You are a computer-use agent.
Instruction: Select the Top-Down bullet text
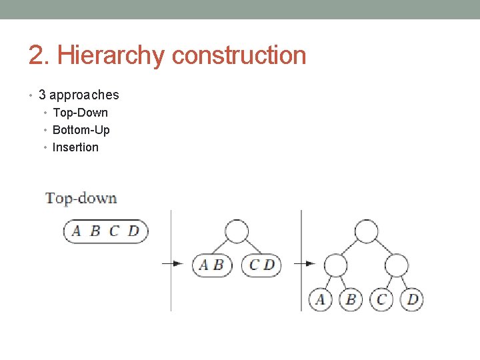(80, 113)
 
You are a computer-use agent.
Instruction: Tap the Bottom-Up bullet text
(81, 130)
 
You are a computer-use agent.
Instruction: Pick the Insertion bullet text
(75, 147)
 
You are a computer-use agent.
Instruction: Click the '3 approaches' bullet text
(79, 95)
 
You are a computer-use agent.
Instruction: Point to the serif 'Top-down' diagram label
(81, 198)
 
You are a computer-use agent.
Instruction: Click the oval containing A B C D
(106, 231)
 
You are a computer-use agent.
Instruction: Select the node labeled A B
(211, 265)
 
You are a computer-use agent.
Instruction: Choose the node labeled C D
(261, 265)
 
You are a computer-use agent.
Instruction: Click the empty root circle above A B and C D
(236, 231)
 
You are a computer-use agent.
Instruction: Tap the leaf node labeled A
(321, 299)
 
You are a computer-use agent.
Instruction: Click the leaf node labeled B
(351, 299)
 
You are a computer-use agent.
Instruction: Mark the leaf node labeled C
(381, 299)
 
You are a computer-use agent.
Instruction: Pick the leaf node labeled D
(412, 299)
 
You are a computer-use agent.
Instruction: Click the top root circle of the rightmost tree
(366, 231)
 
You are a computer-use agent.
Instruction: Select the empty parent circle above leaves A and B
(336, 265)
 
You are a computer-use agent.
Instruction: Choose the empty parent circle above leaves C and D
(397, 265)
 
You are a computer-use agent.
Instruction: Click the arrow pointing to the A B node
(173, 263)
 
